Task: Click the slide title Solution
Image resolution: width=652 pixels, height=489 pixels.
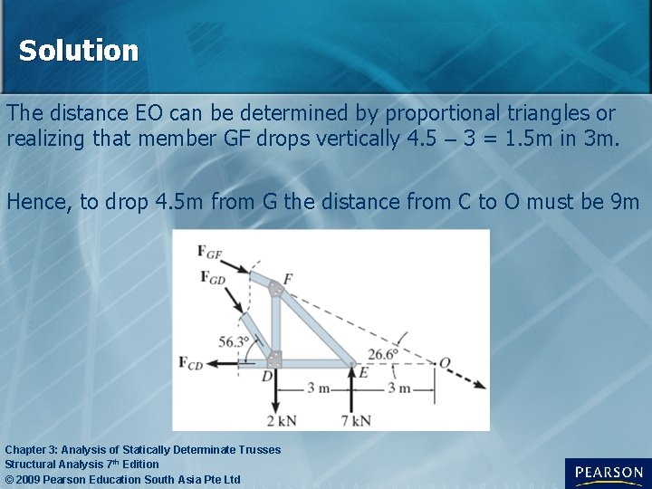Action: click(79, 51)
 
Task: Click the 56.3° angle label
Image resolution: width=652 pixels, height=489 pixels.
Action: click(234, 341)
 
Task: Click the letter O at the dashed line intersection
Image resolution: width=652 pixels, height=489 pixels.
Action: click(445, 363)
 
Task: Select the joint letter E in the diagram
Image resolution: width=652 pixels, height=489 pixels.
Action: click(364, 371)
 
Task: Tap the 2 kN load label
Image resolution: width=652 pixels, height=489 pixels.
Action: click(283, 420)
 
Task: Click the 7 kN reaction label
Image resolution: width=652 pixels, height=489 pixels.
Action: click(356, 420)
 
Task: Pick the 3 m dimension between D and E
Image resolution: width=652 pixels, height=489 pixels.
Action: click(317, 389)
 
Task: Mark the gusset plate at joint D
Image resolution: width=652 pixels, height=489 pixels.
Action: click(274, 359)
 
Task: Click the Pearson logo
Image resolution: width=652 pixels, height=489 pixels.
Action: click(608, 473)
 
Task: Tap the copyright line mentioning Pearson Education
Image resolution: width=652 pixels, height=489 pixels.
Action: click(123, 479)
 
